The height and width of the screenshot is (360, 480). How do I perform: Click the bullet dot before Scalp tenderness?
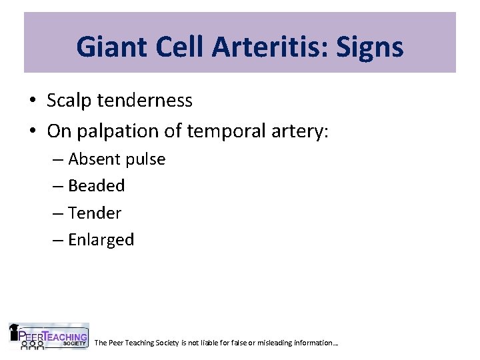pos(33,101)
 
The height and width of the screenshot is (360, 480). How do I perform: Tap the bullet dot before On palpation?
pos(33,132)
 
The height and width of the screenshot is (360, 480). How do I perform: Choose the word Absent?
pos(93,159)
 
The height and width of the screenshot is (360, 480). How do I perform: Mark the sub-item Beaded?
pos(97,186)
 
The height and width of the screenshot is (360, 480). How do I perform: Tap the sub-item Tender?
pos(95,213)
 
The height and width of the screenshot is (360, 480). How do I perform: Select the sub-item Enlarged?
pos(101,240)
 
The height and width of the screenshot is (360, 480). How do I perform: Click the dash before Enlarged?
pos(58,241)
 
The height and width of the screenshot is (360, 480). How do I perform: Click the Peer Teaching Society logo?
pos(48,337)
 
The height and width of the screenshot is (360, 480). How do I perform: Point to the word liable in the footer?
pos(221,343)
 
